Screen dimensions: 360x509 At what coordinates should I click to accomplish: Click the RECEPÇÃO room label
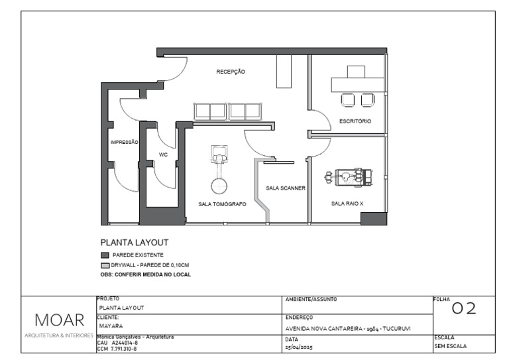231,72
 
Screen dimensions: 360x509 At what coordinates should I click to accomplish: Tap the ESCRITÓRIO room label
355,121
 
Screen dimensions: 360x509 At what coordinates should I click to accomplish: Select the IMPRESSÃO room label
124,142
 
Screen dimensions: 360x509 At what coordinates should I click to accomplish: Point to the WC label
163,154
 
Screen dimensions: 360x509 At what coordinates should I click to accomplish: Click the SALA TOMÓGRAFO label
222,204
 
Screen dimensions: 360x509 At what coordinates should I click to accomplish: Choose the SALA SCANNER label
286,188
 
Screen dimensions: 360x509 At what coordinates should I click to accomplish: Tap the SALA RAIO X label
347,204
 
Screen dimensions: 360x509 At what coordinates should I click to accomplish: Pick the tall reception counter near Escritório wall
284,71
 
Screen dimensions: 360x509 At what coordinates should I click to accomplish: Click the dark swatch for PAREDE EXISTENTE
104,255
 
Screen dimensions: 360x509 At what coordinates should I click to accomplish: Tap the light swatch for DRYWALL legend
104,264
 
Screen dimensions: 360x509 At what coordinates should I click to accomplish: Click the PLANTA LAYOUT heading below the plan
134,243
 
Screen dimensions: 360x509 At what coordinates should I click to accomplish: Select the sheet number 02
465,308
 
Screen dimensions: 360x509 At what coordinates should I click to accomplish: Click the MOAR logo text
59,320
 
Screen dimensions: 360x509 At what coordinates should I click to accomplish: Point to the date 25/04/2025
299,347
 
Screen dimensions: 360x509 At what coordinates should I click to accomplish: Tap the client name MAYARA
109,326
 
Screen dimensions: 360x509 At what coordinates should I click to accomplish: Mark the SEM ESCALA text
450,346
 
